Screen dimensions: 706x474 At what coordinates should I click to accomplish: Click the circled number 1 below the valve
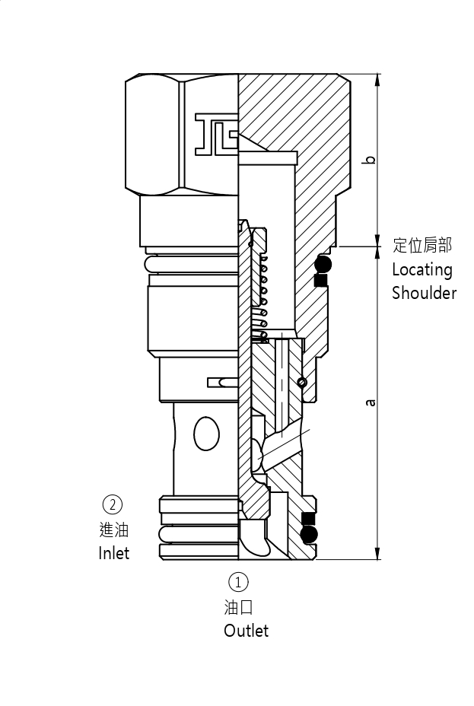click(x=238, y=582)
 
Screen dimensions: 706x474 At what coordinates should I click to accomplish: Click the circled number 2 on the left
click(x=112, y=504)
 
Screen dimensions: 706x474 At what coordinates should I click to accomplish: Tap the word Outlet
click(x=246, y=631)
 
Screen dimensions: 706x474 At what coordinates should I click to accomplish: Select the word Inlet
click(x=113, y=553)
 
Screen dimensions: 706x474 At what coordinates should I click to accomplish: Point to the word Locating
click(x=422, y=269)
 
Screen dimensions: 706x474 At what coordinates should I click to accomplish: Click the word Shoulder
click(x=424, y=293)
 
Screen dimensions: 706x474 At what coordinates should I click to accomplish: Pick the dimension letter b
click(x=370, y=160)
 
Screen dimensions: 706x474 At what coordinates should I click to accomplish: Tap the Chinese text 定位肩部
click(x=422, y=245)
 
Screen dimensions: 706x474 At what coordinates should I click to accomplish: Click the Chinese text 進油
click(x=113, y=529)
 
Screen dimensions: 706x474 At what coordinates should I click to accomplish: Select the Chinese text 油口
click(x=238, y=606)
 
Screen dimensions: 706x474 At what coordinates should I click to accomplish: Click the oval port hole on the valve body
click(x=206, y=434)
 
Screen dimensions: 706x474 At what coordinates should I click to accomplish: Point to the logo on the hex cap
click(x=216, y=134)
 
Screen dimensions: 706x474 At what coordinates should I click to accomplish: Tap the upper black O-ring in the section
click(x=323, y=265)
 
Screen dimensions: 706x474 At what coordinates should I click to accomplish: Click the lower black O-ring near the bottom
click(x=309, y=535)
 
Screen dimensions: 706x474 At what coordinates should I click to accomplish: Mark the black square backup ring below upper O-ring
click(x=320, y=281)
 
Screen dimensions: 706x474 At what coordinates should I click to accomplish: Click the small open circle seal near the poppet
click(x=303, y=382)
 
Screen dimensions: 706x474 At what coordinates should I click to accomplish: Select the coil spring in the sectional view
click(x=262, y=297)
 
